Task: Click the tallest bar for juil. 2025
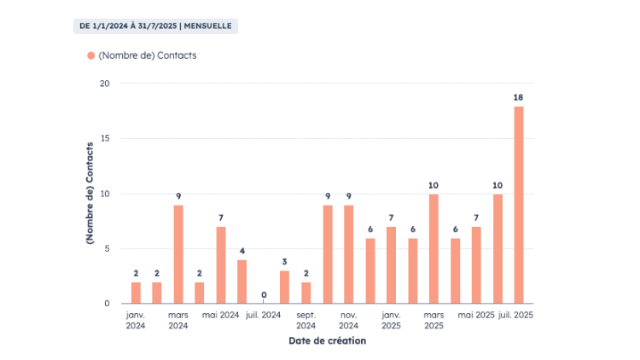coord(519,205)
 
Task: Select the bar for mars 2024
coord(178,254)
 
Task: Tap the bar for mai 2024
coord(221,265)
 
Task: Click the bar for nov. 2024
coord(348,254)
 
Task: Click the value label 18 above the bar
coord(519,97)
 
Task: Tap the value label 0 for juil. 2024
coord(264,295)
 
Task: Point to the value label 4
coord(242,251)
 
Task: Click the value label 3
coord(285,262)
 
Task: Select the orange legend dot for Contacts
coord(90,55)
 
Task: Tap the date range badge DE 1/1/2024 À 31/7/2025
coord(155,26)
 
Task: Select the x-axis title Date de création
coord(327,341)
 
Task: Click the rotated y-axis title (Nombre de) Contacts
coord(90,194)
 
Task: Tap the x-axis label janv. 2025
coord(391,320)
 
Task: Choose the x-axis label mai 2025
coord(476,315)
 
